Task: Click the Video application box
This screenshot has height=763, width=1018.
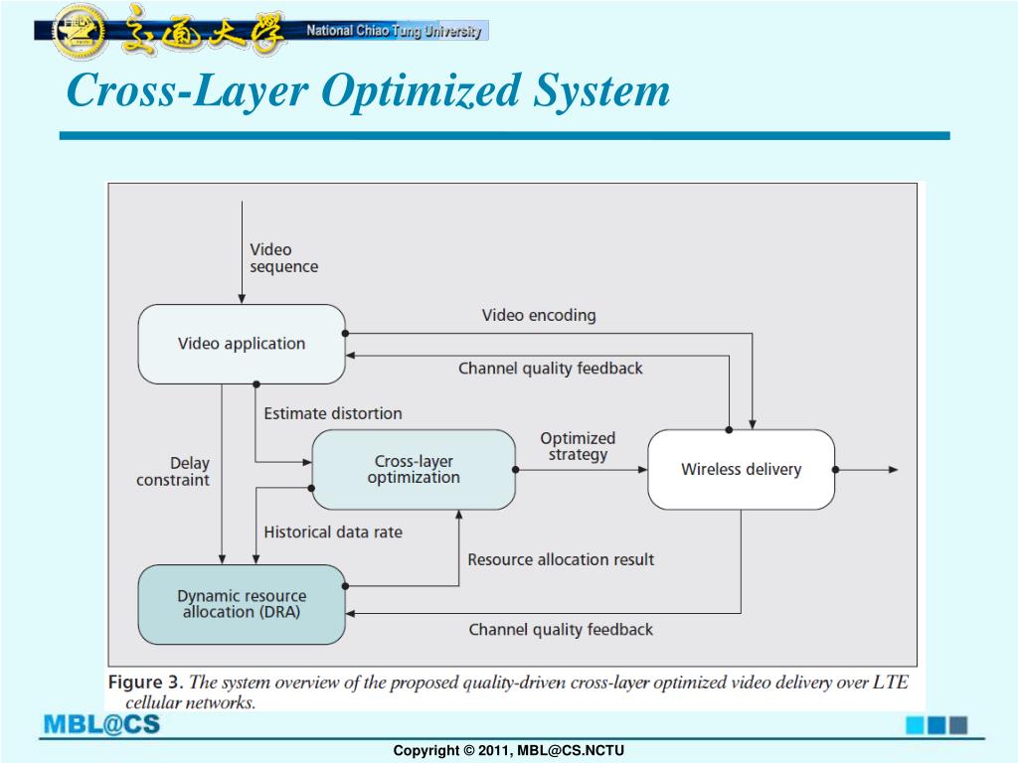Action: pyautogui.click(x=242, y=344)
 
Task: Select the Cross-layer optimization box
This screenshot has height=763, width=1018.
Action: pyautogui.click(x=414, y=469)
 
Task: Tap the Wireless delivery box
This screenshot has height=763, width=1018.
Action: pyautogui.click(x=742, y=469)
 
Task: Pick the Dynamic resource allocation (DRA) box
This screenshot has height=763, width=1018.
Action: pyautogui.click(x=242, y=604)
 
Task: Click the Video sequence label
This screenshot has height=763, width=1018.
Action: pyautogui.click(x=283, y=258)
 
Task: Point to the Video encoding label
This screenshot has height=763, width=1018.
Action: pyautogui.click(x=539, y=315)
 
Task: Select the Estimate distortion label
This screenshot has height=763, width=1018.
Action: pyautogui.click(x=333, y=413)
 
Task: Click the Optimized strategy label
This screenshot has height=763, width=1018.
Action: pyautogui.click(x=578, y=446)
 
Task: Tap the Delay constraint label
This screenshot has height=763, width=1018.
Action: pyautogui.click(x=173, y=471)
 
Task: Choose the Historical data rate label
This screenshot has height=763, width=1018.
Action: pyautogui.click(x=333, y=533)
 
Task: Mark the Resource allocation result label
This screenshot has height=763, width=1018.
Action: pyautogui.click(x=561, y=559)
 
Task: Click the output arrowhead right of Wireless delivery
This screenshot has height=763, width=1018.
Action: pyautogui.click(x=894, y=469)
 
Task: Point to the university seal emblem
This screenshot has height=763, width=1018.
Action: pyautogui.click(x=81, y=31)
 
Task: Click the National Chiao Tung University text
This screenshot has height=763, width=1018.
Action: pyautogui.click(x=394, y=31)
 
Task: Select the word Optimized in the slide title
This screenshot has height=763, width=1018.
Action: pyautogui.click(x=421, y=90)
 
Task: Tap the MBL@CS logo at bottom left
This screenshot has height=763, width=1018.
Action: pyautogui.click(x=101, y=724)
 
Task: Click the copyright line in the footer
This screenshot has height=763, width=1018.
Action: pyautogui.click(x=509, y=751)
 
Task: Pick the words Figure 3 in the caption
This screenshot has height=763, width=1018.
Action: pyautogui.click(x=143, y=682)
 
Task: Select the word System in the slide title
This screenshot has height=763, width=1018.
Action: pyautogui.click(x=601, y=91)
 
